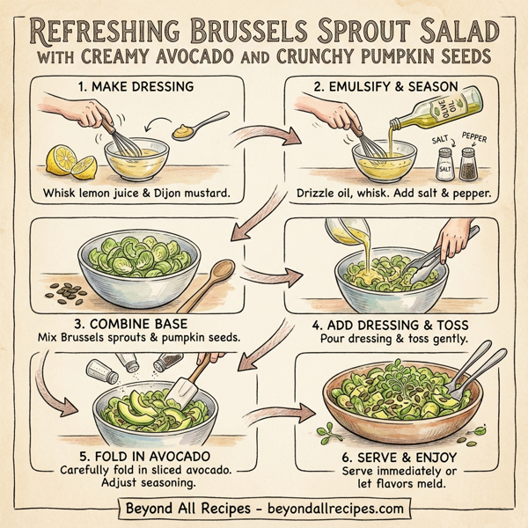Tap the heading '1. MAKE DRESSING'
click(138, 89)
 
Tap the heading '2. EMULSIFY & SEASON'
click(392, 89)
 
